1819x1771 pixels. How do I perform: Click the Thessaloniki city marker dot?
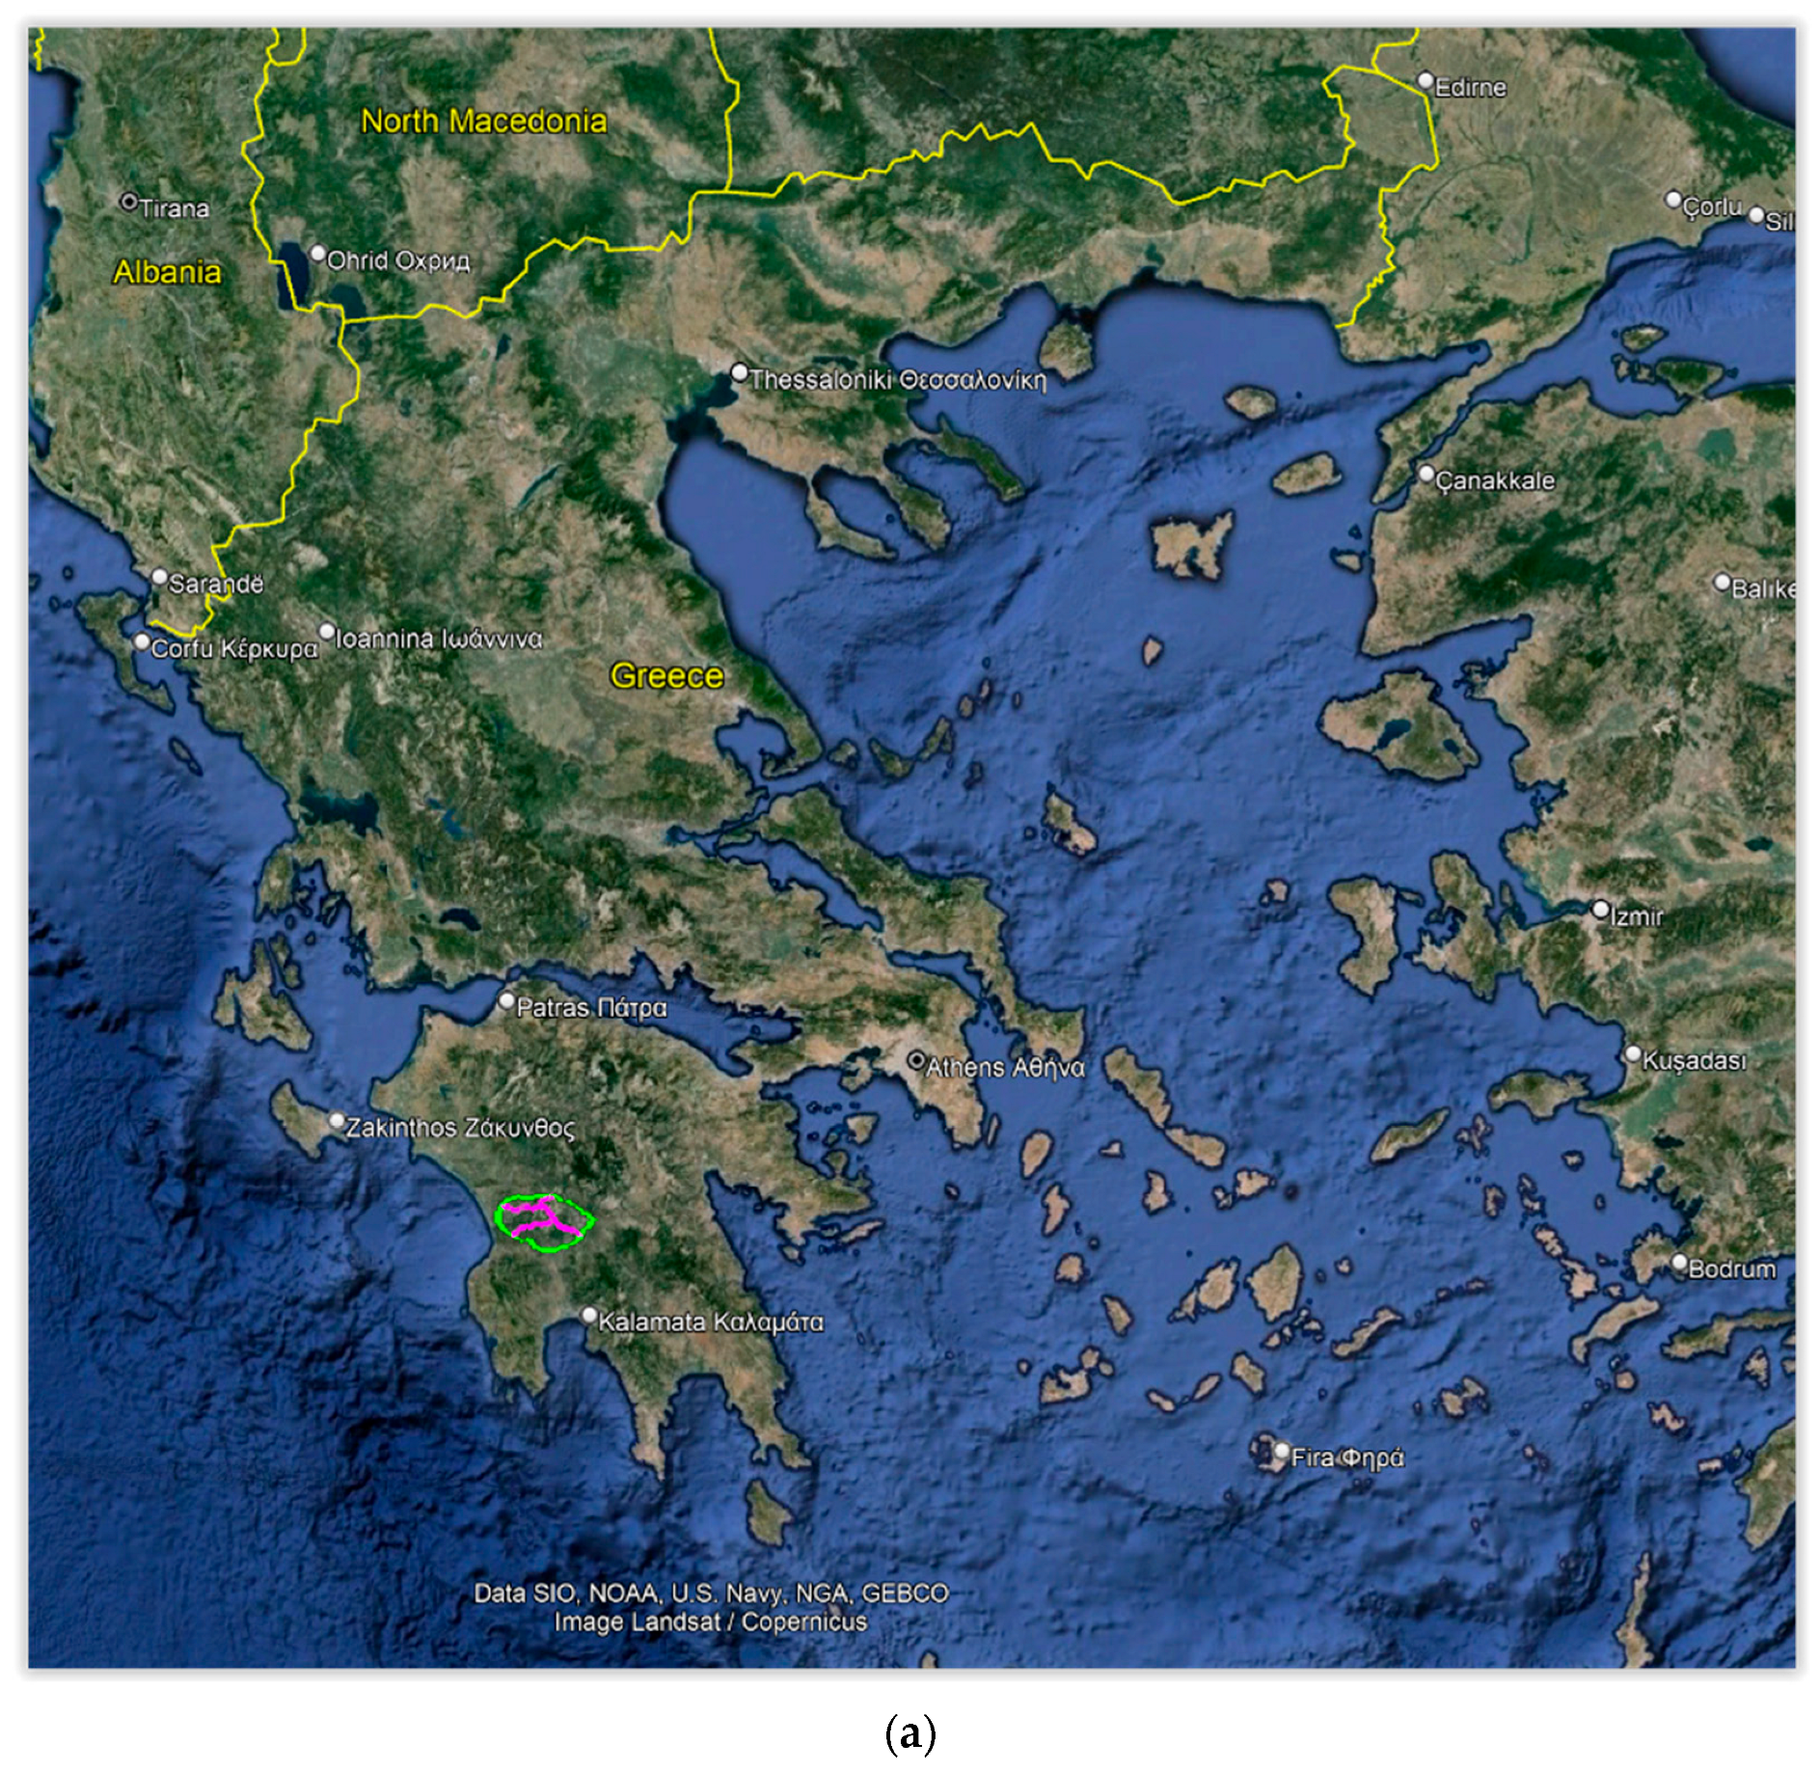[740, 372]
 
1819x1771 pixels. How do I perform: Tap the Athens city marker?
[916, 1061]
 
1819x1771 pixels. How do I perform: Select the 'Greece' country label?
[666, 676]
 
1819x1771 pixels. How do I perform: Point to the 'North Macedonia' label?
[484, 122]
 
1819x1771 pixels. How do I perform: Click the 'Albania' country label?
[167, 272]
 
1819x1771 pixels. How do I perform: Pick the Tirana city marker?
[128, 202]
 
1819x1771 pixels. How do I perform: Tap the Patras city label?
[591, 1008]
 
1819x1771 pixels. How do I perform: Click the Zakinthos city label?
[460, 1128]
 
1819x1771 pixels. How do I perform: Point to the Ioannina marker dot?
[327, 632]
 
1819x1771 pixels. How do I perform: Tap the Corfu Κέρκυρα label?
[234, 648]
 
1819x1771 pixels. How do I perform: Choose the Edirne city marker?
[1425, 80]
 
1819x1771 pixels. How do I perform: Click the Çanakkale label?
[1495, 480]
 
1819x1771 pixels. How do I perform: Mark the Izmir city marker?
[1600, 909]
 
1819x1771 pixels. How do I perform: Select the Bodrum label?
[1732, 1268]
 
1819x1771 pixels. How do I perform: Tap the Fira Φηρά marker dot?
[1282, 1451]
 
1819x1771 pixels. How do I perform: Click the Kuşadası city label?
[1694, 1061]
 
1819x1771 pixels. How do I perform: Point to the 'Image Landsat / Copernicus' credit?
[711, 1622]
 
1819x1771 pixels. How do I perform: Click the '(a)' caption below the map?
[909, 1732]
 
